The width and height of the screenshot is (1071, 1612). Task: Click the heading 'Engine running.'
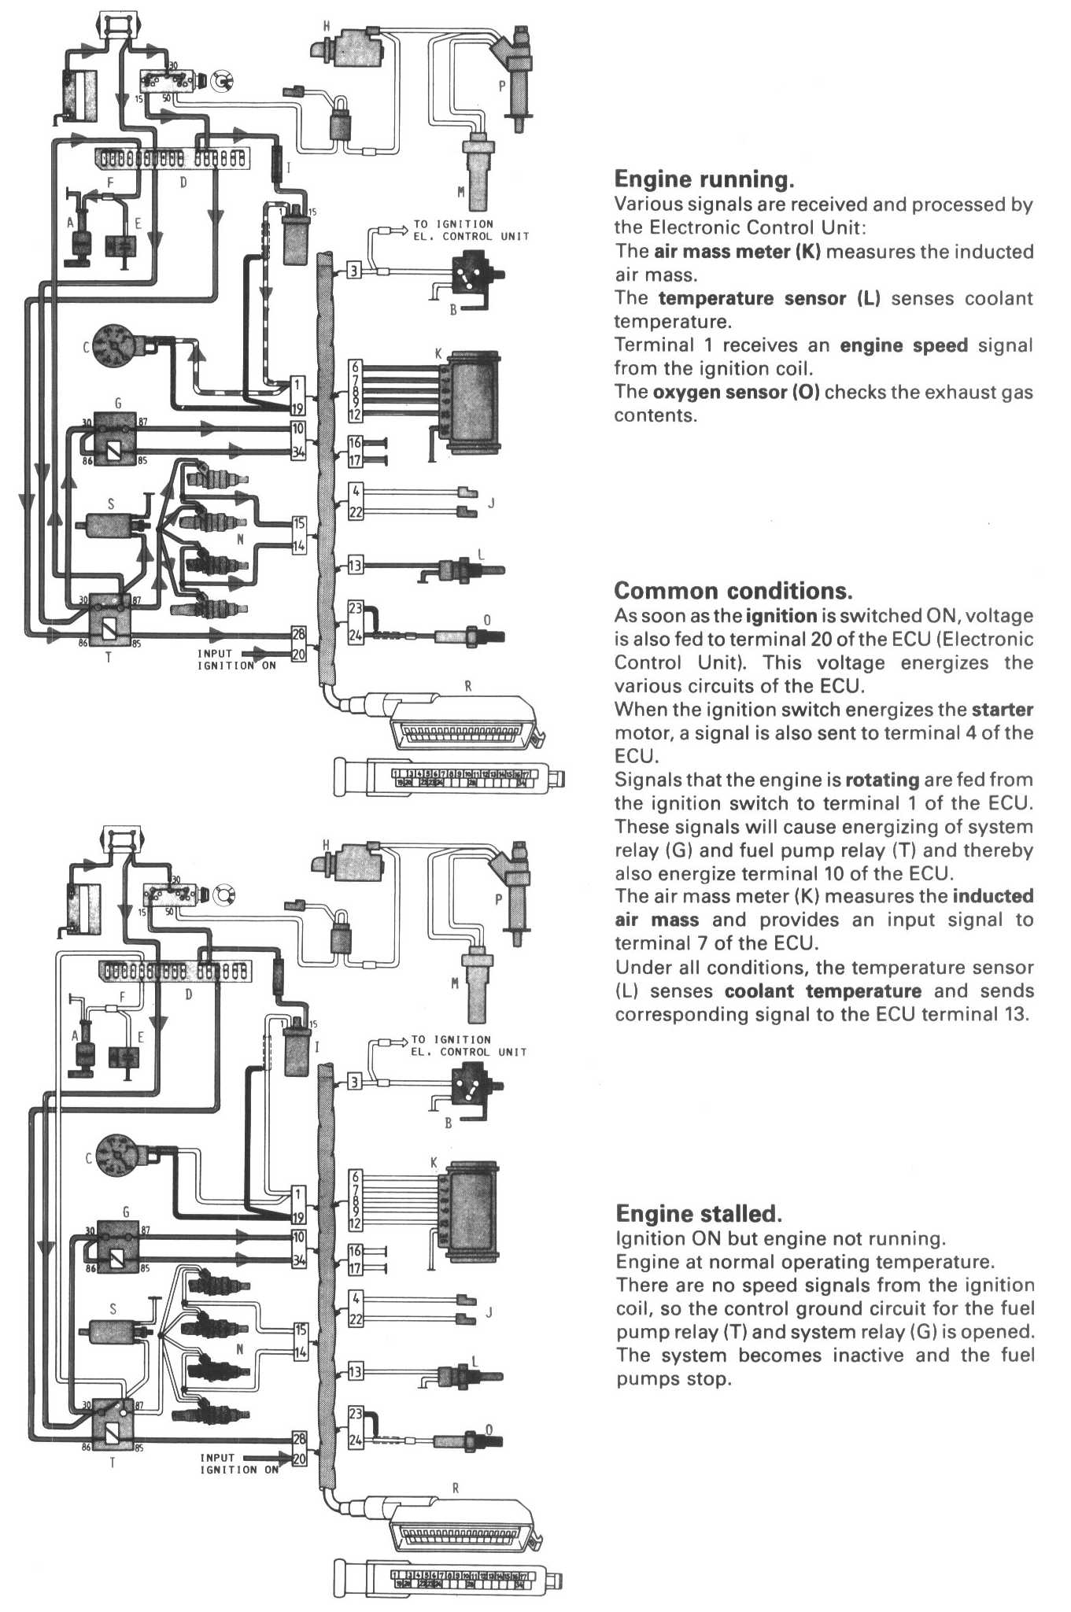pyautogui.click(x=704, y=179)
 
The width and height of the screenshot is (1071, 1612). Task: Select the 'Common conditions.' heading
pyautogui.click(x=733, y=591)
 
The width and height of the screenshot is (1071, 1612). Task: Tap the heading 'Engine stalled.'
pyautogui.click(x=698, y=1213)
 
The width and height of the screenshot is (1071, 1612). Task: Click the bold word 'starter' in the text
pyautogui.click(x=1002, y=710)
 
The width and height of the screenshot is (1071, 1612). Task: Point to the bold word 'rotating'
pyautogui.click(x=882, y=780)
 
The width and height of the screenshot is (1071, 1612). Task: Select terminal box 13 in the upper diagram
pyautogui.click(x=356, y=565)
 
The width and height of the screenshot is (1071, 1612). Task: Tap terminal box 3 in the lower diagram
pyautogui.click(x=355, y=1082)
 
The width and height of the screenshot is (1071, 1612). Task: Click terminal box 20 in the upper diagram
pyautogui.click(x=299, y=654)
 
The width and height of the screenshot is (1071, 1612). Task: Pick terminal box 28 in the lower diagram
pyautogui.click(x=299, y=1439)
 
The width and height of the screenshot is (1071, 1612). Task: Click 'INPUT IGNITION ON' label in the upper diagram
pyautogui.click(x=235, y=659)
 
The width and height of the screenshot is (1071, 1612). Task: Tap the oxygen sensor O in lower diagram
pyautogui.click(x=477, y=1441)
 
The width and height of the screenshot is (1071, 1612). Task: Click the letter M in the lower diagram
pyautogui.click(x=454, y=983)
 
